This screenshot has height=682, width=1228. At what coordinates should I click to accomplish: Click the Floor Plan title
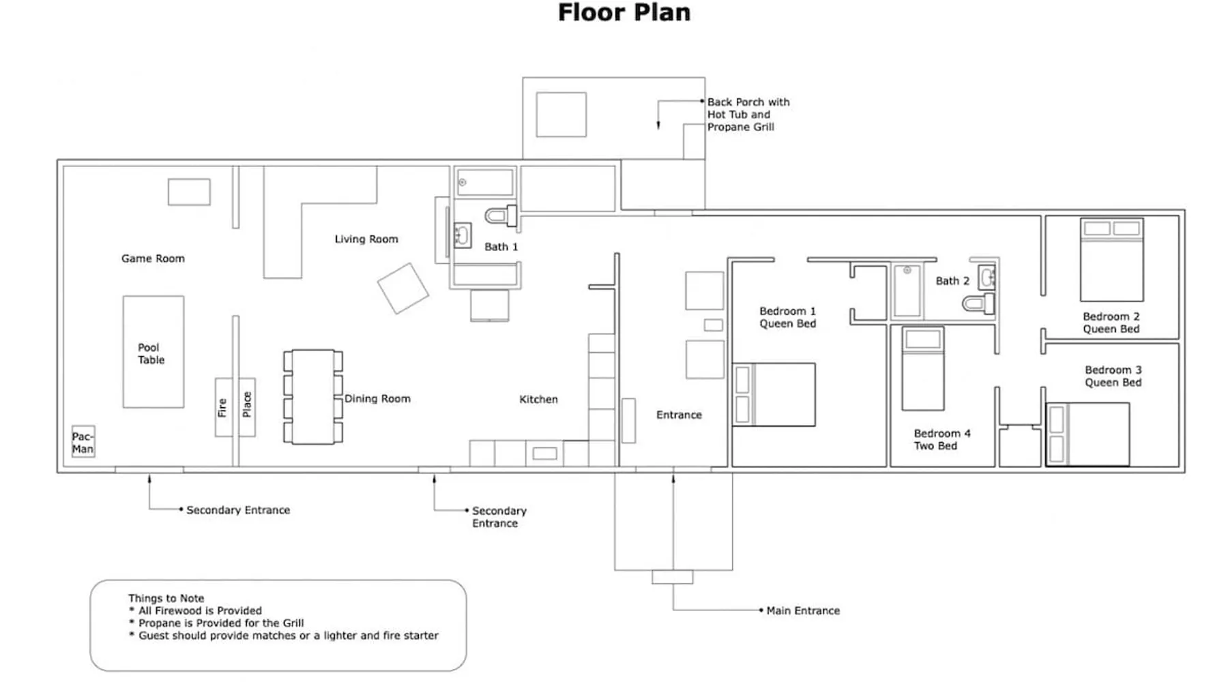point(624,13)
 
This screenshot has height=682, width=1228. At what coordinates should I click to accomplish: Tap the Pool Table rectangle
point(153,352)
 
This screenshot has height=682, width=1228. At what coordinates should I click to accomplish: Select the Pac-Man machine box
point(83,442)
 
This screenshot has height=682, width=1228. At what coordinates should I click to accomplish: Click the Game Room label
point(153,258)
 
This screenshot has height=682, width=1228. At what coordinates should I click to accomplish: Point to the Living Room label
point(366,239)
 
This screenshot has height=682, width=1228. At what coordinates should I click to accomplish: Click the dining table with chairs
point(313,397)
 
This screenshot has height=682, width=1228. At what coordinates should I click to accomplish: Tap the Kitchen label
point(538,400)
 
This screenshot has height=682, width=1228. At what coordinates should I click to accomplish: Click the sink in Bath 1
point(462,236)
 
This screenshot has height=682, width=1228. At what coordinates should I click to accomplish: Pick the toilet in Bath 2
point(978,303)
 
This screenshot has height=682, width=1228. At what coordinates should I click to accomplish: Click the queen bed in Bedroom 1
point(774,395)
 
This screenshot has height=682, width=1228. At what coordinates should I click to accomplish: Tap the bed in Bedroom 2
point(1111,260)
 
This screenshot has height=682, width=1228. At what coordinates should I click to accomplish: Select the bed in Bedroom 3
point(1087,434)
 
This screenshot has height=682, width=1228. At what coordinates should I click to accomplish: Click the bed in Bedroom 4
point(922,368)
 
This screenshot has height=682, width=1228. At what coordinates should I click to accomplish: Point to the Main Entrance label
point(802,611)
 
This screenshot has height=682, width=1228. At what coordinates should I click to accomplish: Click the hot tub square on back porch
point(561,115)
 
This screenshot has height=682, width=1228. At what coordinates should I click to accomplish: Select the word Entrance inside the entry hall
point(678,415)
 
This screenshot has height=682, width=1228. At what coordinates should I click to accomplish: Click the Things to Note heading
point(166,598)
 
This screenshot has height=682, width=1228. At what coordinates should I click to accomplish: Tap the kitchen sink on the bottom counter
point(544,454)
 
